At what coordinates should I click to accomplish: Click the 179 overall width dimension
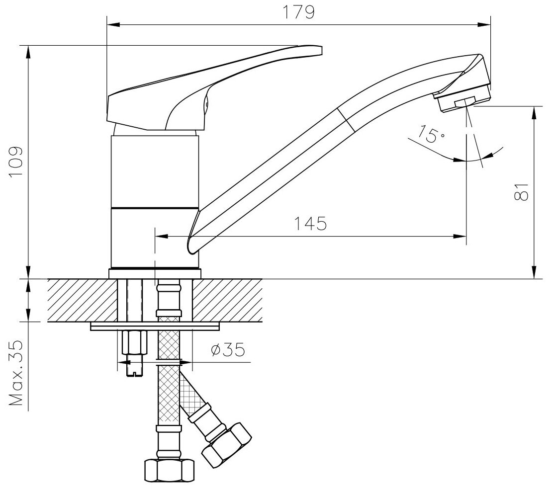300,12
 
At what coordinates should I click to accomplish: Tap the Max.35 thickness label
17,374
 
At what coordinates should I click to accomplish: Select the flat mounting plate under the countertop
155,327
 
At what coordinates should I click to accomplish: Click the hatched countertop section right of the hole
227,300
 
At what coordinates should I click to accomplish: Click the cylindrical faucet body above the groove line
155,169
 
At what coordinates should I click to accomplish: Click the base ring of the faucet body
155,273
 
